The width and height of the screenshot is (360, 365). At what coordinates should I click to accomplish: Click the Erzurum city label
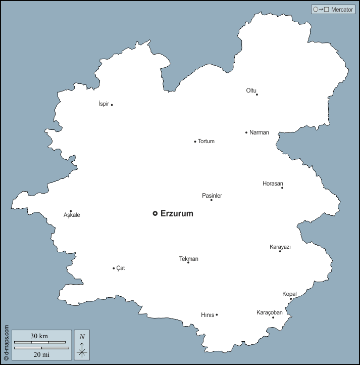(177, 214)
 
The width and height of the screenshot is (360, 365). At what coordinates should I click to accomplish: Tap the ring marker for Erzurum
(155, 213)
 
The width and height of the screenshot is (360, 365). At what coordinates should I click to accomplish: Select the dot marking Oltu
(257, 95)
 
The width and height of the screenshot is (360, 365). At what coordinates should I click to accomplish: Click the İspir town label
(104, 104)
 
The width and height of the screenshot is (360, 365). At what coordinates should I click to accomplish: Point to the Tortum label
(206, 142)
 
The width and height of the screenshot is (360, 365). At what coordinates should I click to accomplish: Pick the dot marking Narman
(246, 132)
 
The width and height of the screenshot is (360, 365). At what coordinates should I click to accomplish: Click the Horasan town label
(273, 183)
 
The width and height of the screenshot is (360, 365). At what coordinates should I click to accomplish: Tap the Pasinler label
(212, 196)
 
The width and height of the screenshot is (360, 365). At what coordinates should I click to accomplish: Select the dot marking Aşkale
(71, 211)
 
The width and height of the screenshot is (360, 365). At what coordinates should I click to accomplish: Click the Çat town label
(121, 268)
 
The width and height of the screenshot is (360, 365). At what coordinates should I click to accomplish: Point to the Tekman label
(189, 259)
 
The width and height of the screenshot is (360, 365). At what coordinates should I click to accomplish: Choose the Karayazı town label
(280, 247)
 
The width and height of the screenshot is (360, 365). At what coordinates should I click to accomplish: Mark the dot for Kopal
(291, 299)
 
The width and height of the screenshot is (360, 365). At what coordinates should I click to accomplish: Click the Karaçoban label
(270, 312)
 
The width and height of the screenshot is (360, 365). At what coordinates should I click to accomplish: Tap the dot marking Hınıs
(217, 314)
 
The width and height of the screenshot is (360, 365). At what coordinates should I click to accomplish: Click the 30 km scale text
(39, 336)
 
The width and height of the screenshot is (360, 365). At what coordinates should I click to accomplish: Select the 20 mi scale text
(39, 354)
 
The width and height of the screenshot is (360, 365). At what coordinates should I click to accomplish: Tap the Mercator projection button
(333, 10)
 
